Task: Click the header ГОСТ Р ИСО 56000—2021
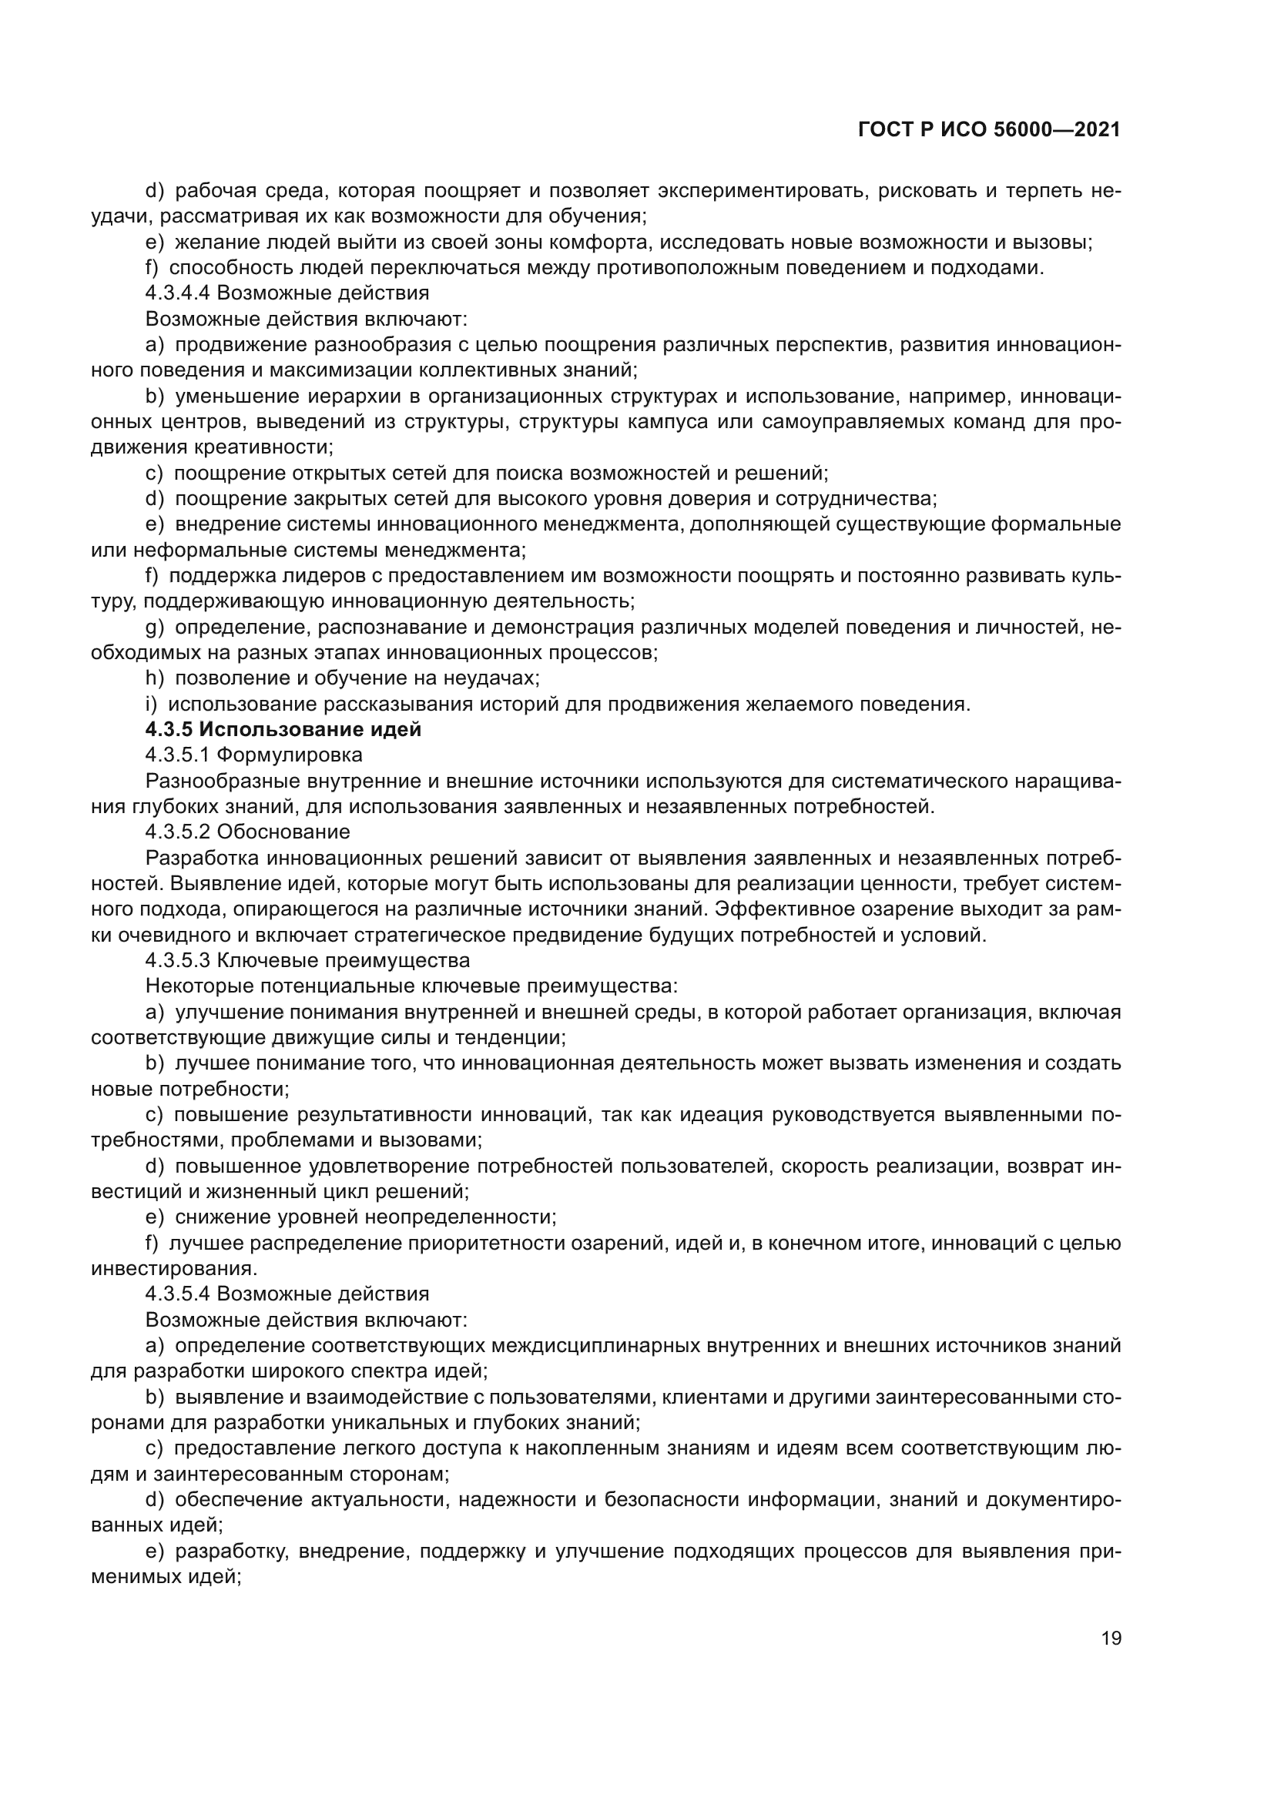(989, 130)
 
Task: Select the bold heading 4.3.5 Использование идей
(283, 729)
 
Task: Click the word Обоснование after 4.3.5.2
(283, 832)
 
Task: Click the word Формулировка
(290, 755)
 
